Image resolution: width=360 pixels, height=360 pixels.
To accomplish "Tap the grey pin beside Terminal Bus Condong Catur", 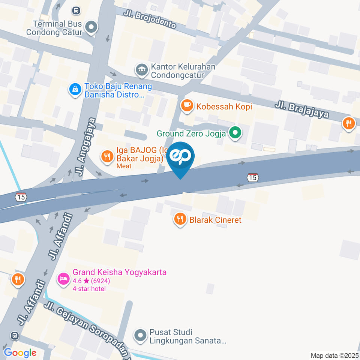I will coord(91,27).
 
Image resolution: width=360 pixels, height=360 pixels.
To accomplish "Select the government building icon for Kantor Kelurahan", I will coord(142,69).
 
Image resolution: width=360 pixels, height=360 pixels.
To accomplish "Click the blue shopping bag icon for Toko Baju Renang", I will coord(75,89).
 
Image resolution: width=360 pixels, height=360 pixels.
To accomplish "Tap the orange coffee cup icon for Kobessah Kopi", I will coord(187,106).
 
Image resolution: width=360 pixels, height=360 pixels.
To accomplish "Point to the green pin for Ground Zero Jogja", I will coord(235,132).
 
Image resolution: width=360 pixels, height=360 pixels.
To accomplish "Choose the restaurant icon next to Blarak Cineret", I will coord(180,219).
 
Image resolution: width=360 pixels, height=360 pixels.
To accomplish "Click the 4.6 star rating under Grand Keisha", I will coord(91,281).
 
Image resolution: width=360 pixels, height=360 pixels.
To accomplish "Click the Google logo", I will coord(20,352).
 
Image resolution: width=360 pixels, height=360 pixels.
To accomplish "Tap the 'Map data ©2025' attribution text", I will coord(334,355).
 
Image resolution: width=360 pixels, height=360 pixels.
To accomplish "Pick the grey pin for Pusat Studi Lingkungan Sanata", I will coord(141,336).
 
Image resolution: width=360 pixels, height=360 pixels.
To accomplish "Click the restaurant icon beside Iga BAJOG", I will coord(108,156).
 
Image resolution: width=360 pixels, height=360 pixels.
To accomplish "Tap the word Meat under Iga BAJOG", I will coord(124,166).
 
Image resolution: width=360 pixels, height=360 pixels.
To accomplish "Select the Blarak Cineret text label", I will coord(215,220).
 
